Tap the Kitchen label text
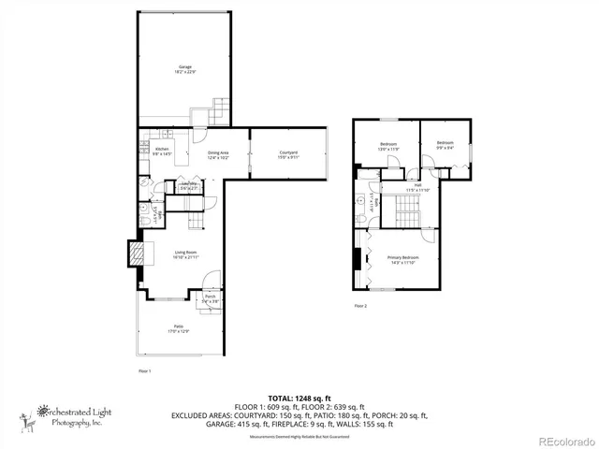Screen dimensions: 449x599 coord(162,150)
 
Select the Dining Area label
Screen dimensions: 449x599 coord(218,153)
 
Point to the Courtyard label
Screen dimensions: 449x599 coord(288,153)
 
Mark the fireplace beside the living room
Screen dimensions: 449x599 coord(136,254)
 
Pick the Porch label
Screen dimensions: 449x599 coord(210,297)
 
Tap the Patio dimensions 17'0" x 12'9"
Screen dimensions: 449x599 coord(178,331)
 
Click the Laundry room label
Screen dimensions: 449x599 coord(188,184)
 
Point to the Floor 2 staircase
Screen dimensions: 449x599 coord(408,210)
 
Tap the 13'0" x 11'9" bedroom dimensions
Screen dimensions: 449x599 coord(388,149)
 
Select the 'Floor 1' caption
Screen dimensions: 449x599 coord(144,371)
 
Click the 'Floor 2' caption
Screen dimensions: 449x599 coord(360,306)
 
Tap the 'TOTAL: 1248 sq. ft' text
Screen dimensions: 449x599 coord(299,398)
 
